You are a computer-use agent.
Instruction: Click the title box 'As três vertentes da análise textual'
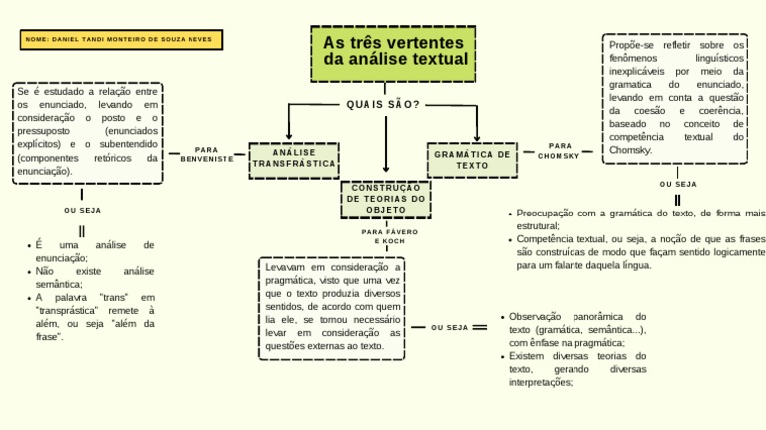coord(393,52)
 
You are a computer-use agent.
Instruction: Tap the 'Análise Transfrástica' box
coord(294,159)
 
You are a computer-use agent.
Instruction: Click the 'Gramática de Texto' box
coord(473,159)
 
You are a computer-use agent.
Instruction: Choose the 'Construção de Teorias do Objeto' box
coord(386,198)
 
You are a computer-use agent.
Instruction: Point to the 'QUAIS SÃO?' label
coord(383,105)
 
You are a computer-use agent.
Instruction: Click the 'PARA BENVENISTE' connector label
coord(207,154)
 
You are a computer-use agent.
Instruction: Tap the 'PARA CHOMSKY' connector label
coord(559,151)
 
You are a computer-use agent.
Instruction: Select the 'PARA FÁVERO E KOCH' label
coord(390,236)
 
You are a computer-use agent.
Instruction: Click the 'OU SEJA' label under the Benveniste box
coord(82,211)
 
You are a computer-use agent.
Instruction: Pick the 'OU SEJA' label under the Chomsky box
coord(678,184)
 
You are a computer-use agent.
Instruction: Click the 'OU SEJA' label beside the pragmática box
coord(450,327)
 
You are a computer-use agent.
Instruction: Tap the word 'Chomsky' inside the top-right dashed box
coord(631,150)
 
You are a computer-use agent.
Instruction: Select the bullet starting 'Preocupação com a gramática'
coord(636,219)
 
